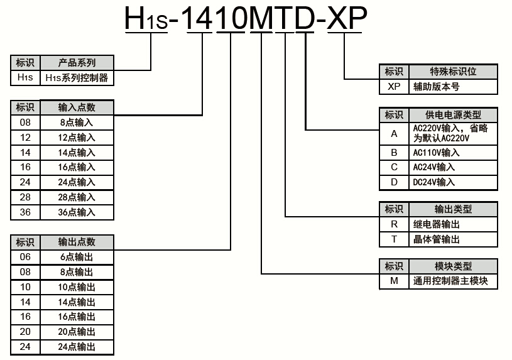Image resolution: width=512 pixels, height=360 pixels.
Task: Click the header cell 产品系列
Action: click(77, 63)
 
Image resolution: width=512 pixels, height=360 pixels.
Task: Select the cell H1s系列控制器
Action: click(77, 78)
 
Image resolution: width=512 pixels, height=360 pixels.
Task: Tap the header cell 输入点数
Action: click(77, 107)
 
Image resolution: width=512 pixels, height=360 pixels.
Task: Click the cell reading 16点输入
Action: click(77, 167)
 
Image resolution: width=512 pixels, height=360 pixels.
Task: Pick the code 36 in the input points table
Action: click(25, 212)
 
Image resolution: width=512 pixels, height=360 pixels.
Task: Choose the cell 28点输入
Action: click(77, 197)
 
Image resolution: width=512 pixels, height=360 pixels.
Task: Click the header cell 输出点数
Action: click(77, 242)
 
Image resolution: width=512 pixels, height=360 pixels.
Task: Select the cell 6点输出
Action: click(77, 257)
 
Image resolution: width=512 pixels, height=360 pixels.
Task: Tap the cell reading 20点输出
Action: click(77, 332)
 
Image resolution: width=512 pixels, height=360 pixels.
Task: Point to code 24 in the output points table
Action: click(25, 347)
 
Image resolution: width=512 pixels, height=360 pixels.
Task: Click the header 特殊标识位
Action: click(453, 72)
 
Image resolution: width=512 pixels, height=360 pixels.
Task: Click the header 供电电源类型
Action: click(453, 115)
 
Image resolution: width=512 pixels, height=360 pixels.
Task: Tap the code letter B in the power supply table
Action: click(394, 153)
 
